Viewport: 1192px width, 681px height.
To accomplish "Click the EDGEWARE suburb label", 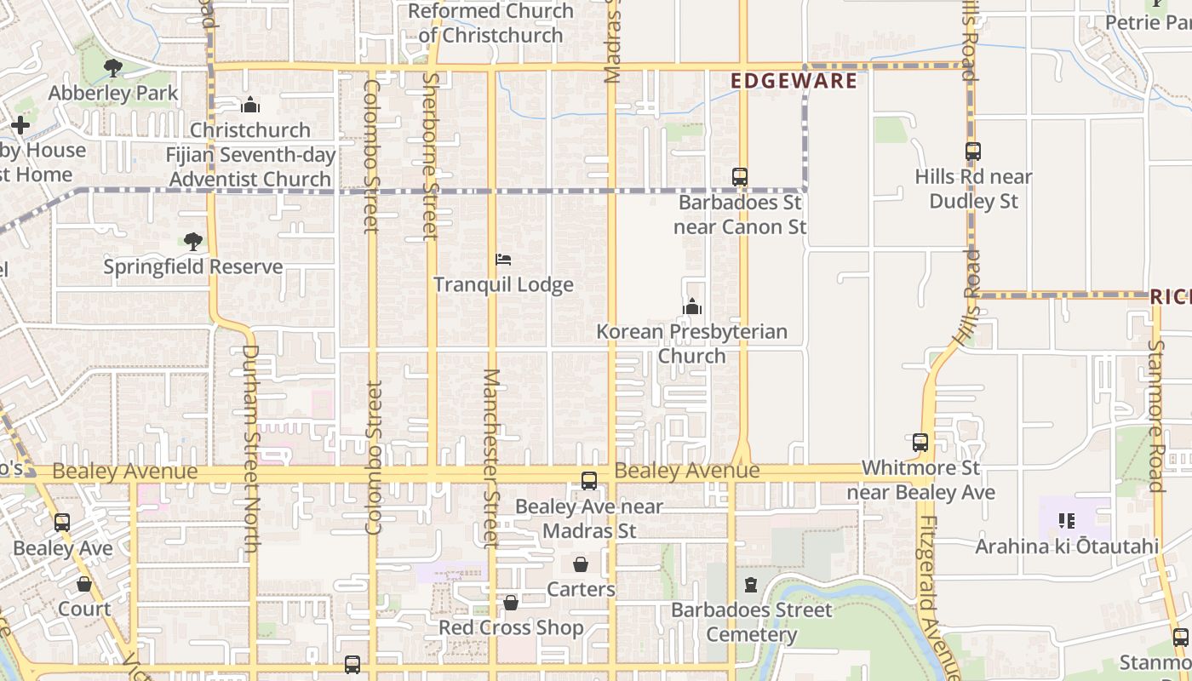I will tap(794, 81).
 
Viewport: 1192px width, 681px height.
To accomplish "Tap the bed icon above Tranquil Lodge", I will tap(503, 259).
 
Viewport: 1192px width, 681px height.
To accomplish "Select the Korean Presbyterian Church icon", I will tap(692, 306).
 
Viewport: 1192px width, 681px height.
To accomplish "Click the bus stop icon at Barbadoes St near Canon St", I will tap(740, 177).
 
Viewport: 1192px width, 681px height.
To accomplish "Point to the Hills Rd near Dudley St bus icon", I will tap(973, 152).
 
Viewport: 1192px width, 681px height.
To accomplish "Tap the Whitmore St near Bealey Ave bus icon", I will tap(920, 443).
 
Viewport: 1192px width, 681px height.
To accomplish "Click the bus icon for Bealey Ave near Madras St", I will tap(589, 481).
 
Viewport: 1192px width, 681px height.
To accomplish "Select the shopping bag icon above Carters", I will tap(581, 564).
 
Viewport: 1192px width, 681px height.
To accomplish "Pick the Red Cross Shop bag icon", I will tap(511, 603).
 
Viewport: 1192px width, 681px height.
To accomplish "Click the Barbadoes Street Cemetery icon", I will tap(751, 585).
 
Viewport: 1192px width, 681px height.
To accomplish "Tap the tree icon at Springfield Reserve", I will tap(193, 242).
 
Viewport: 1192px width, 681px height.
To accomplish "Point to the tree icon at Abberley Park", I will tap(112, 68).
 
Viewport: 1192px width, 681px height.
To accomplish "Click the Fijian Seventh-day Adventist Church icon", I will tap(250, 106).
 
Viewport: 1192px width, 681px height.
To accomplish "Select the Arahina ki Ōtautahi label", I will tap(1067, 547).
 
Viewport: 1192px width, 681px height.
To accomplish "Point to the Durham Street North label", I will tap(250, 447).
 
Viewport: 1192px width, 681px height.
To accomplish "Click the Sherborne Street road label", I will tap(431, 156).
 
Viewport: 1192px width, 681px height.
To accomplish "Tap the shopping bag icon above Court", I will tap(84, 584).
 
